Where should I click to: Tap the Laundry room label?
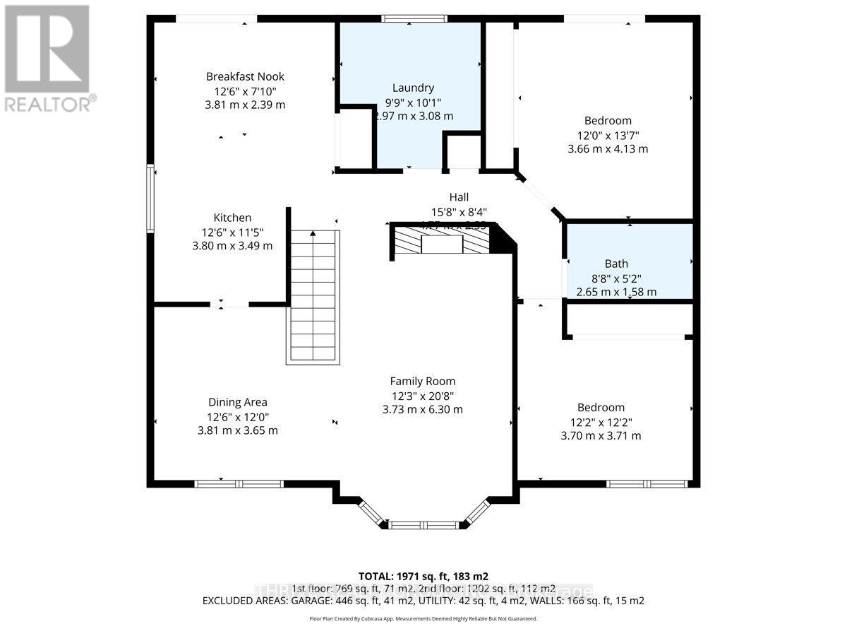pos(413,88)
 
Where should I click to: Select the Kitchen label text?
pos(232,218)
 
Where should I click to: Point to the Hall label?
pos(459,197)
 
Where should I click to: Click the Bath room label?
pos(616,264)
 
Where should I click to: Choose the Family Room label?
pos(423,381)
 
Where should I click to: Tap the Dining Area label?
pos(237,402)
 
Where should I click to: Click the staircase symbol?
pos(313,297)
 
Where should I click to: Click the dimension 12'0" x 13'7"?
pos(608,135)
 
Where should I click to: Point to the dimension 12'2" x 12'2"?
pos(601,422)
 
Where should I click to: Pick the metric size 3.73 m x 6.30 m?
pos(423,409)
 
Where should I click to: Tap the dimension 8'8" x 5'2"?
pos(616,278)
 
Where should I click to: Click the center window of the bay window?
pos(423,525)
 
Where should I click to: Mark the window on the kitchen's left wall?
pos(150,198)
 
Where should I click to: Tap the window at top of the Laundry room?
pos(414,18)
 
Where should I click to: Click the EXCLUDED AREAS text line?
pos(423,601)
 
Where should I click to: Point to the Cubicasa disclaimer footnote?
pos(423,618)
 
